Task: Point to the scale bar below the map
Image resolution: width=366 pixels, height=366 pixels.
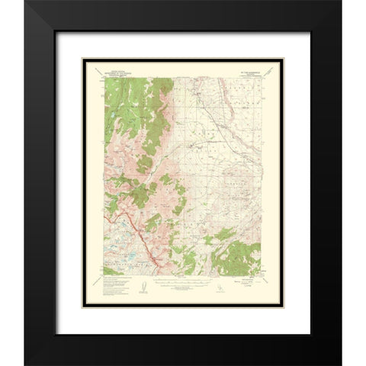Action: pos(182,284)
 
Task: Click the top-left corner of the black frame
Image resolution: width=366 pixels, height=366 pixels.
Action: pos(25,2)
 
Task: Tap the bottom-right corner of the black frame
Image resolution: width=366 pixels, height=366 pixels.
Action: pos(341,364)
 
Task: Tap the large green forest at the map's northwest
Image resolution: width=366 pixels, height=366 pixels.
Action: pos(137,99)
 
